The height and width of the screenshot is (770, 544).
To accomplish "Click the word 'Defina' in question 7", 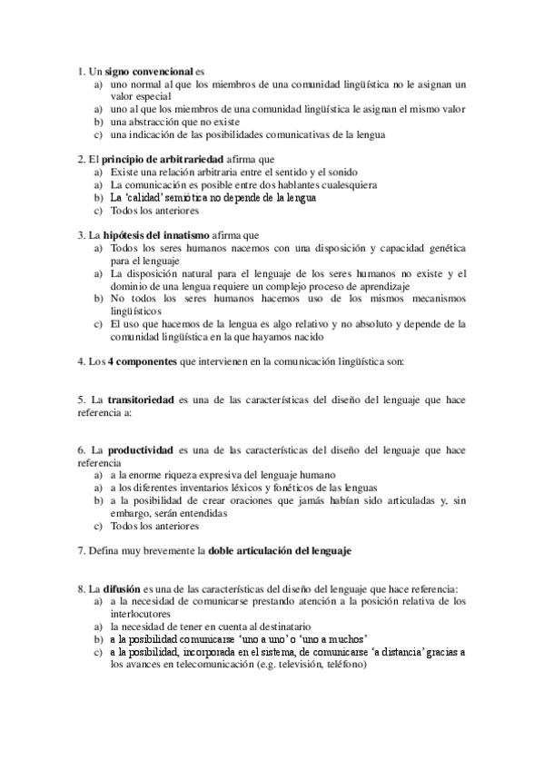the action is pyautogui.click(x=103, y=550).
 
